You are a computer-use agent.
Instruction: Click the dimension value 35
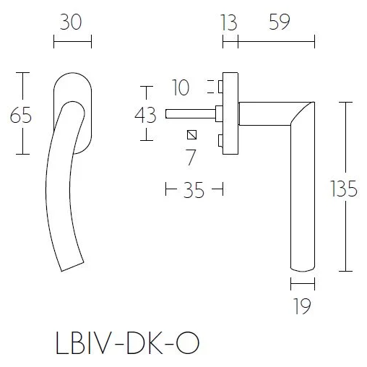click(193, 190)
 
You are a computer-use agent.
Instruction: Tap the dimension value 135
click(344, 189)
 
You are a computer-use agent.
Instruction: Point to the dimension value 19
click(303, 307)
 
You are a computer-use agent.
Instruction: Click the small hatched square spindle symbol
click(191, 134)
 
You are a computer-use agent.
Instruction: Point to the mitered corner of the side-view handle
click(303, 112)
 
